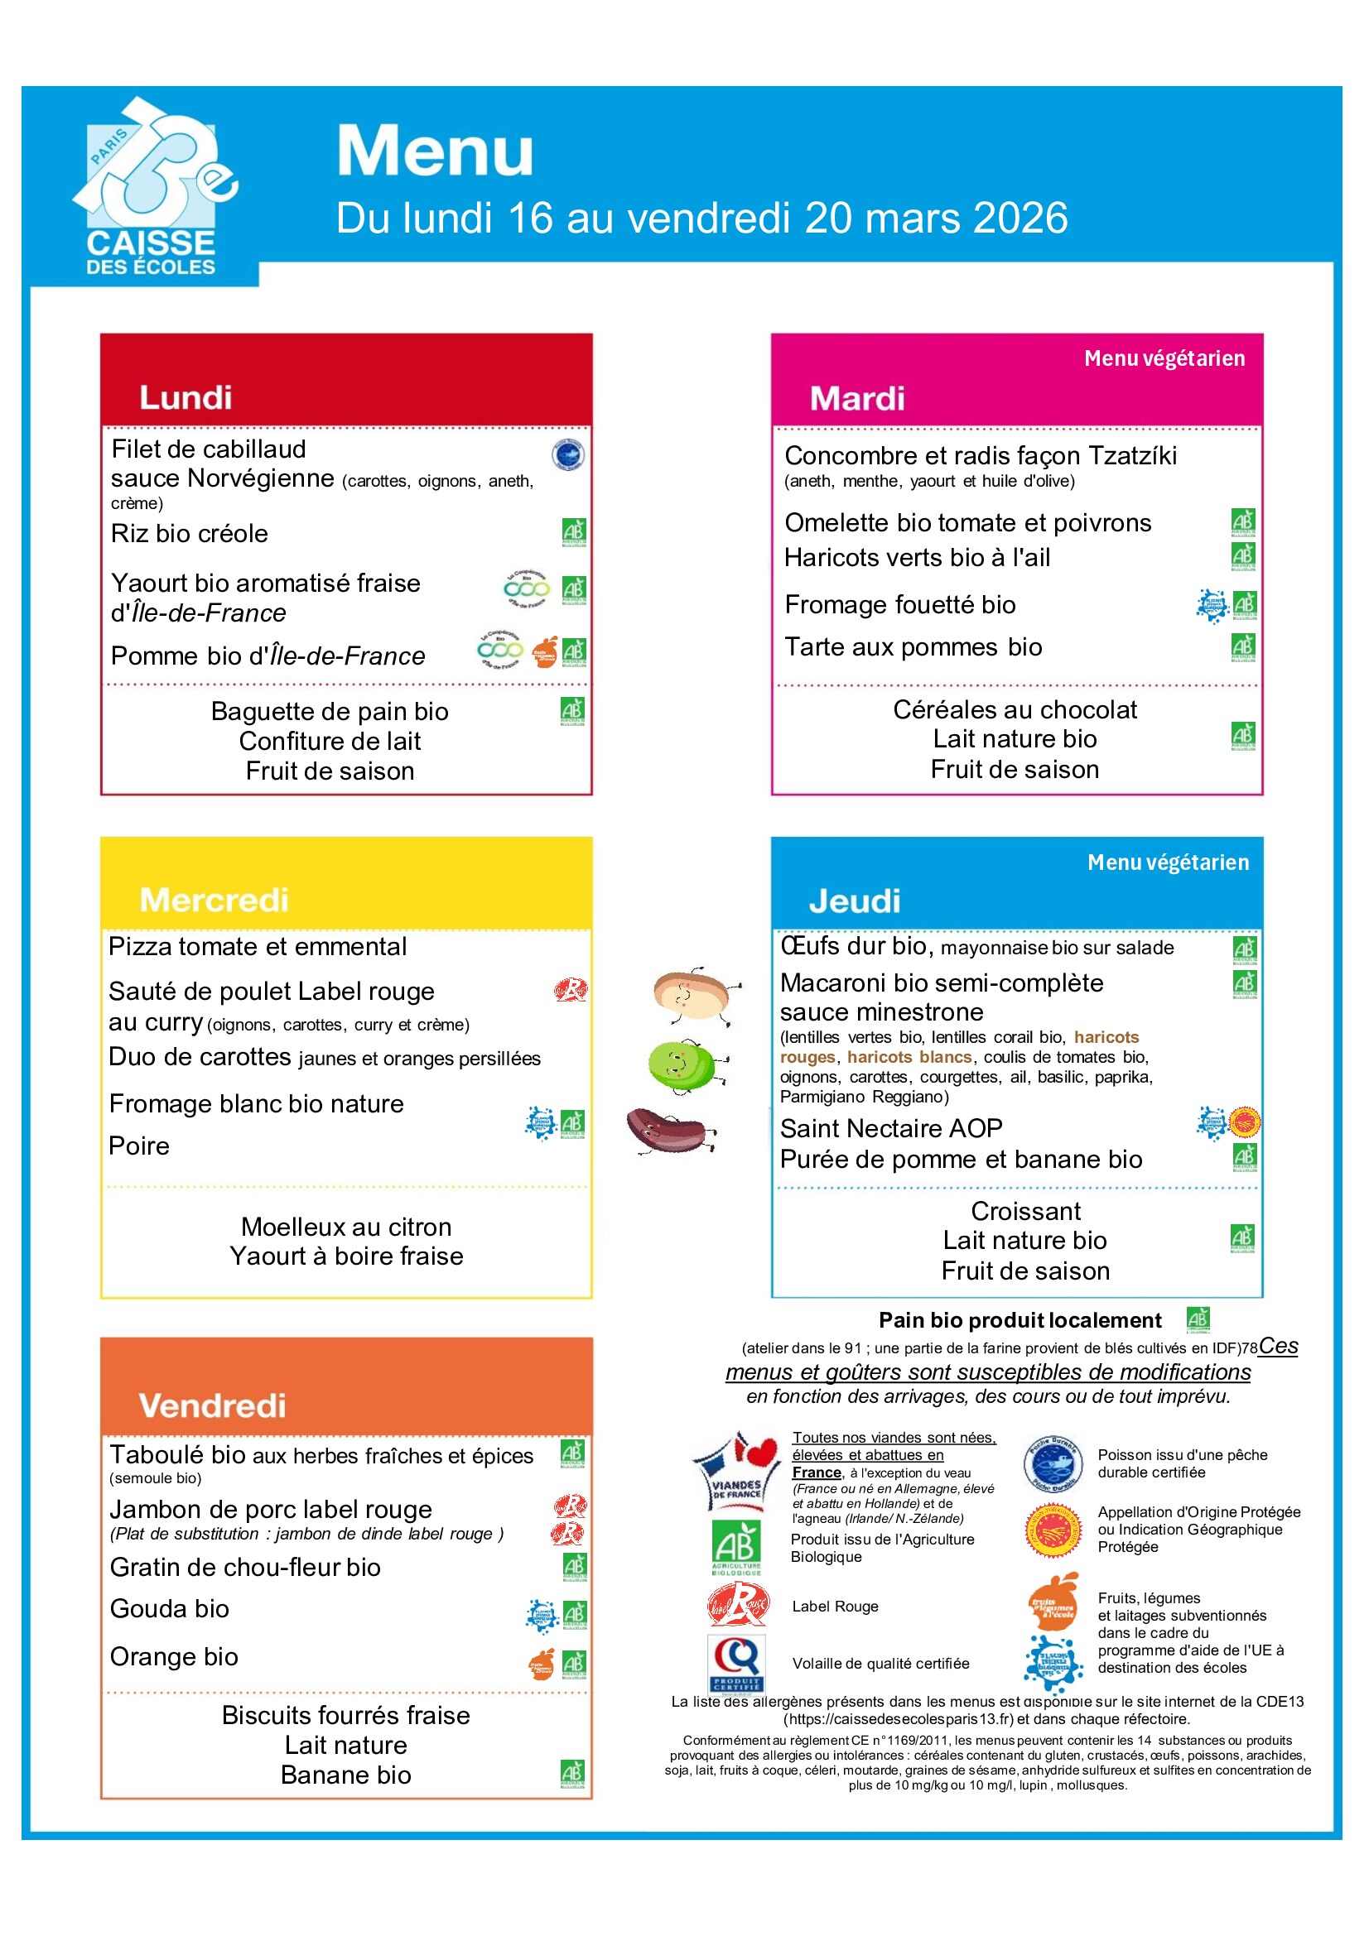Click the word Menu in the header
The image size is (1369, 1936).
point(435,151)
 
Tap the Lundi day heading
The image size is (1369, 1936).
point(186,397)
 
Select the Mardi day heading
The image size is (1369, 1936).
point(856,398)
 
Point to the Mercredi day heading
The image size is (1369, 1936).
point(214,900)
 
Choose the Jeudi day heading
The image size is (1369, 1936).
point(854,901)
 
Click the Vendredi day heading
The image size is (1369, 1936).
point(212,1405)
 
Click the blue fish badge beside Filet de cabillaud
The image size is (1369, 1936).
point(567,454)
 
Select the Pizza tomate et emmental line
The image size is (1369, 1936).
point(258,946)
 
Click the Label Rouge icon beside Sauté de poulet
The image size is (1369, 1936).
point(570,989)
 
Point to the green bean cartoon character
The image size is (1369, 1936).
point(683,1066)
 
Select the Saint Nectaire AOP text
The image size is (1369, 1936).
point(891,1127)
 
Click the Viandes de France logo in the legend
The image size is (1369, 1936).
point(735,1471)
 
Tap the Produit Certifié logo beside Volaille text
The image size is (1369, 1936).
point(735,1662)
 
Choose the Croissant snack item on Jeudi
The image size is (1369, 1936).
point(1024,1211)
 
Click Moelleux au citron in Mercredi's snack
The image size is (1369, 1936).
point(346,1226)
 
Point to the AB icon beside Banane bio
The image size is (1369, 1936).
point(572,1773)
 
